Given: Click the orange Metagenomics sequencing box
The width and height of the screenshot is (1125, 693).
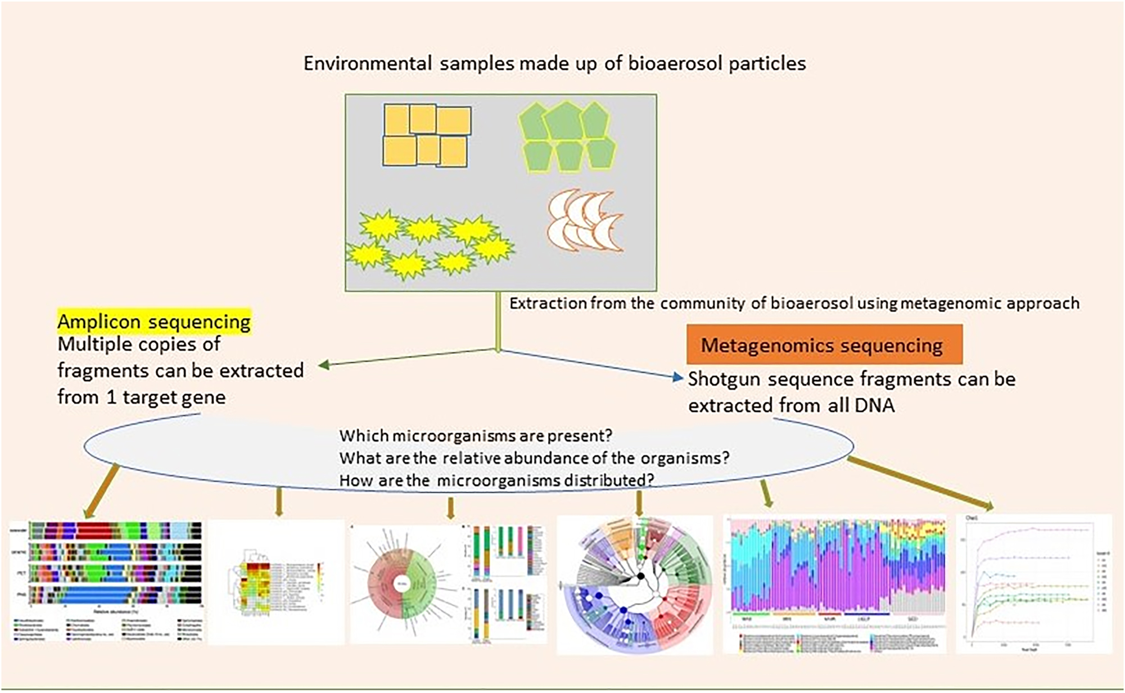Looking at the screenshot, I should coord(824,344).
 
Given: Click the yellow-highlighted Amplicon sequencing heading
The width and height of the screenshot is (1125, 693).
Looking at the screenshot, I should coord(154,321).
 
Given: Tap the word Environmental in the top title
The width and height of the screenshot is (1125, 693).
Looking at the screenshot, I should coord(368,63).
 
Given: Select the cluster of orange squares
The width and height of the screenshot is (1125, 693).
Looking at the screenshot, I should coord(426,135).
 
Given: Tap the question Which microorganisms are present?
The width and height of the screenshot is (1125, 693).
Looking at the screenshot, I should coord(476,435).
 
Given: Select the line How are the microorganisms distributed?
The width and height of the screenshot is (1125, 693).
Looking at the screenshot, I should coord(497,480).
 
